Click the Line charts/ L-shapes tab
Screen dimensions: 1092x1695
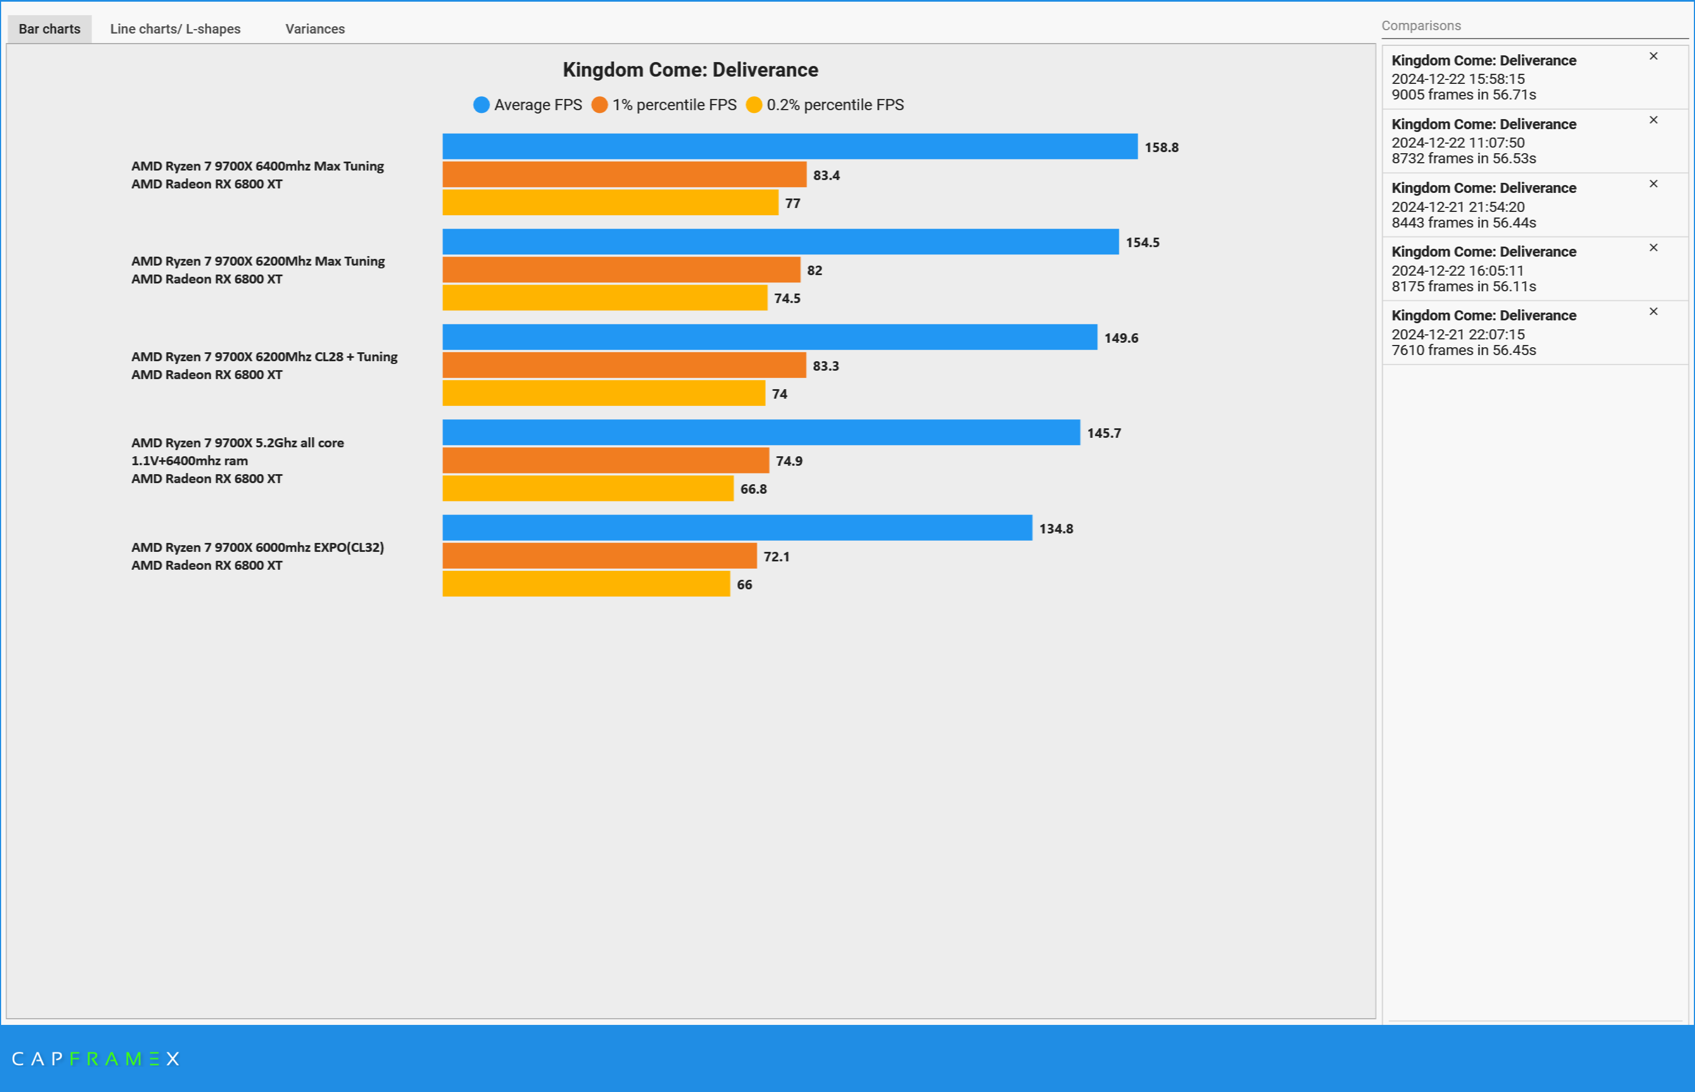pos(175,29)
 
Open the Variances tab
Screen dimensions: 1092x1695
pos(315,29)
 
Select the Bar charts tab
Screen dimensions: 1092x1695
pos(50,29)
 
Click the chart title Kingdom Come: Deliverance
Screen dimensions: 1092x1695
pos(690,69)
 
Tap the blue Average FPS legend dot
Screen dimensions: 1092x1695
pos(481,105)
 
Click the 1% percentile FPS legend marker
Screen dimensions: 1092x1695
pos(599,105)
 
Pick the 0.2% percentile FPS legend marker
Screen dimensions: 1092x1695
pos(754,105)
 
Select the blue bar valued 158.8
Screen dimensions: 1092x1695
pos(789,147)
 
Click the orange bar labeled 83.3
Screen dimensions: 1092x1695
pos(624,365)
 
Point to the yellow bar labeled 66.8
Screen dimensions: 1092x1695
pos(587,489)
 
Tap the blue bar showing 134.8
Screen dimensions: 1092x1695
pos(737,528)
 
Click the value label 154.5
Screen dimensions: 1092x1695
pos(1142,243)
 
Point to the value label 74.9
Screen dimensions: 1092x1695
pos(789,461)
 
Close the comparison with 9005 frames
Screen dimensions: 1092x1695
pos(1653,56)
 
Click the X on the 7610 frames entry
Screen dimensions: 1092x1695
pos(1653,311)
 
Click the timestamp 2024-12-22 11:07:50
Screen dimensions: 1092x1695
pos(1457,143)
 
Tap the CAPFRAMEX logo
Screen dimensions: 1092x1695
pos(96,1058)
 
